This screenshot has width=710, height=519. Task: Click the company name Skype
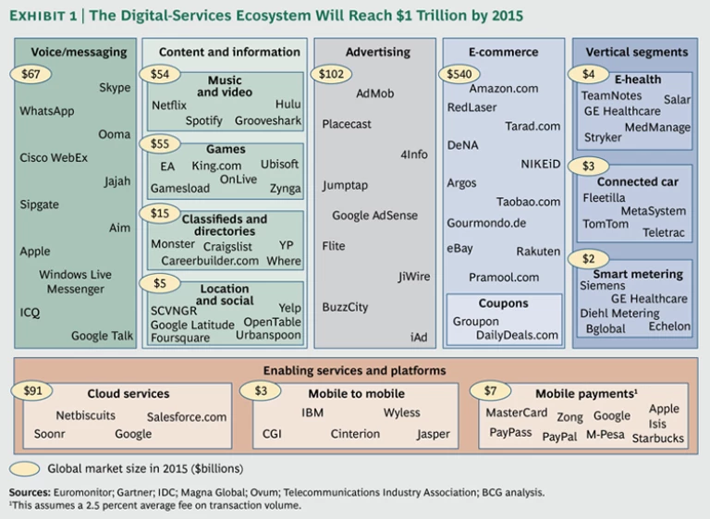pos(115,88)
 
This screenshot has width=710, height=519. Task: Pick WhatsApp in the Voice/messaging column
pos(46,111)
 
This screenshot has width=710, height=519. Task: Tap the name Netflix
pos(169,105)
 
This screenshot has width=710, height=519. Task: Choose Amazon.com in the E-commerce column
pos(504,88)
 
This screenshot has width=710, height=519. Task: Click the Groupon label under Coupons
pos(475,321)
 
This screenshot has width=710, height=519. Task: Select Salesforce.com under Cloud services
pos(186,416)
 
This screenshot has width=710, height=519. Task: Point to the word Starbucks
pos(658,438)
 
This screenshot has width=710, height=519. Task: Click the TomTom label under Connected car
pos(606,224)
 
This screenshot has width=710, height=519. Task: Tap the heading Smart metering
pos(638,274)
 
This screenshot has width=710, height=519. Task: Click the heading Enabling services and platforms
pos(354,370)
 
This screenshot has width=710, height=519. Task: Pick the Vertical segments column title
pos(636,53)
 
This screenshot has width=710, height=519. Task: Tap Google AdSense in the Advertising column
pos(374,216)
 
